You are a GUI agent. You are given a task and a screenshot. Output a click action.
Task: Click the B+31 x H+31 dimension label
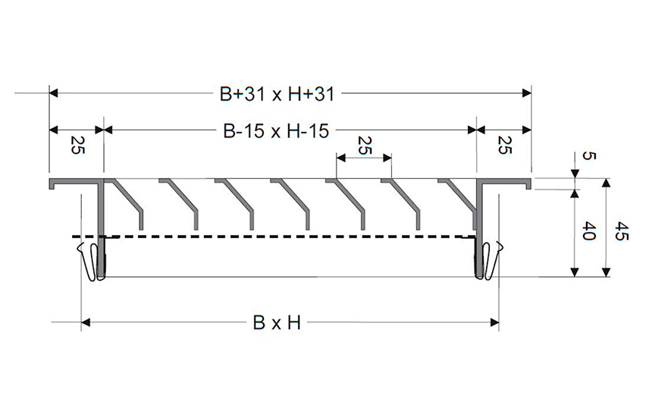[277, 94]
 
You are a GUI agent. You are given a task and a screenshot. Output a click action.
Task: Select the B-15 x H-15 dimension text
[276, 131]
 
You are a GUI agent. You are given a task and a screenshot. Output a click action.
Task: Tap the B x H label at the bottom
[277, 323]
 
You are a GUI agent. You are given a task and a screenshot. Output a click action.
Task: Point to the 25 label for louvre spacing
[364, 145]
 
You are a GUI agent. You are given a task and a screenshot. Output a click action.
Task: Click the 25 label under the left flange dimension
[77, 145]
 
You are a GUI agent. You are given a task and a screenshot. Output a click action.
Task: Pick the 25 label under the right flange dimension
[504, 145]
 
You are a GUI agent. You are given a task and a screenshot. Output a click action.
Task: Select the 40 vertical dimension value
[589, 231]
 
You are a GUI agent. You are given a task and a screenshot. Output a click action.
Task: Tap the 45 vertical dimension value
[622, 231]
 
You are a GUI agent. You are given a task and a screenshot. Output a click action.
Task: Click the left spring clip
[88, 261]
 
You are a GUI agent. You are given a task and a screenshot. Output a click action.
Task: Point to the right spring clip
[492, 260]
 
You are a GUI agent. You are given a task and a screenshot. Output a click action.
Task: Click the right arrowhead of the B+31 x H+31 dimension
[527, 93]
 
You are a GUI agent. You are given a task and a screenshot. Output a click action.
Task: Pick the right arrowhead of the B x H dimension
[494, 322]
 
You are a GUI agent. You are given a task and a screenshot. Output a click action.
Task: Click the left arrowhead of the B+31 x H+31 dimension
[54, 93]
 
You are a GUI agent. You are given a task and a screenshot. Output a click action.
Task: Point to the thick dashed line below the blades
[274, 237]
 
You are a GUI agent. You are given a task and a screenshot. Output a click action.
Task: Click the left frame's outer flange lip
[52, 184]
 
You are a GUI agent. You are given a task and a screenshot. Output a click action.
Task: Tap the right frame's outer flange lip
[528, 184]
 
